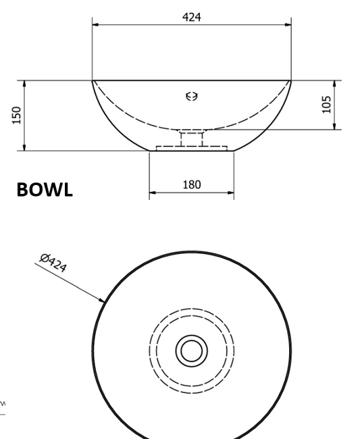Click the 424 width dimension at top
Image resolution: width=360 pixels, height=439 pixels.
tap(192, 17)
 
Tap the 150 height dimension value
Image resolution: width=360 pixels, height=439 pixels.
tap(17, 114)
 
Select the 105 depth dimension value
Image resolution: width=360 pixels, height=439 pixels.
tap(327, 104)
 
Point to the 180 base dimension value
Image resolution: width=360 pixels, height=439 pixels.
tap(192, 184)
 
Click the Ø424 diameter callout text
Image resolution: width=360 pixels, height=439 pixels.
tap(53, 262)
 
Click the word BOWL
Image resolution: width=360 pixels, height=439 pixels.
tap(44, 190)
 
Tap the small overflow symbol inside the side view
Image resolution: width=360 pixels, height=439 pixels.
tap(192, 97)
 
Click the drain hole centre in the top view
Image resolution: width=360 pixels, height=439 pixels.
tap(192, 351)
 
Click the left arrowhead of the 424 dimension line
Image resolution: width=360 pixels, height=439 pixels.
tap(95, 25)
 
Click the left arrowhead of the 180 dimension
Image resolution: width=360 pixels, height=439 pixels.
tap(152, 192)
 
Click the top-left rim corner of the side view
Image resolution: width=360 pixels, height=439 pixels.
tap(93, 80)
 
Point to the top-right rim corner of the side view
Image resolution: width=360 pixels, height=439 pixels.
tap(291, 80)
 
